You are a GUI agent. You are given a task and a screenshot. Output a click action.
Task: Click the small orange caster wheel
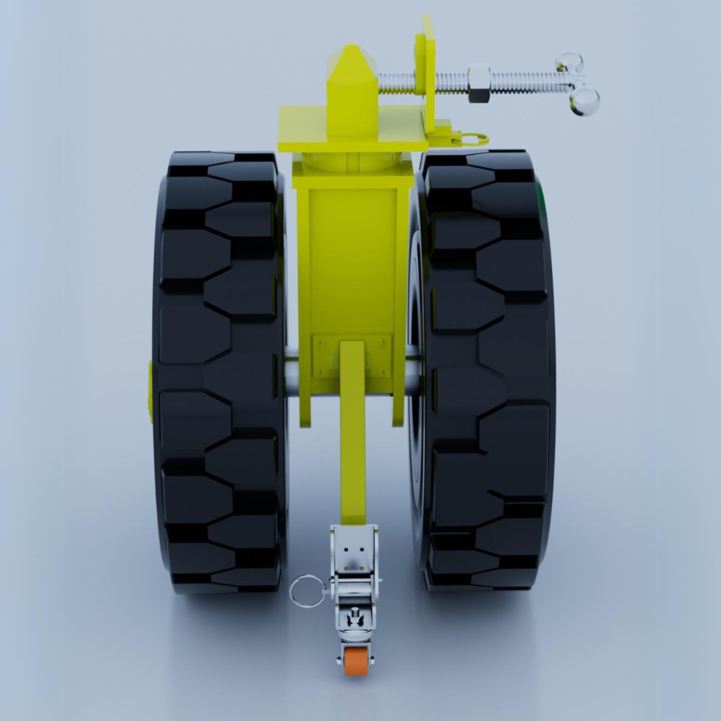356,662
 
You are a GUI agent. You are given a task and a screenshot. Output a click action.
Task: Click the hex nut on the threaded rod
479,83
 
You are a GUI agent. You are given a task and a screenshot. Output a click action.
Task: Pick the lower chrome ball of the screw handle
584,102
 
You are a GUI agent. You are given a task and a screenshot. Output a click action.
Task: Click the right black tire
486,373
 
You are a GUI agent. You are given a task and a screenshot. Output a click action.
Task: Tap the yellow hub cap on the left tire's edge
151,391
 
